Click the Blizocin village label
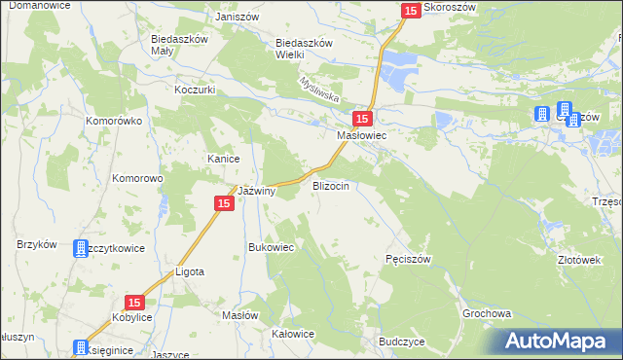point(330,185)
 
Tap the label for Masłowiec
point(361,136)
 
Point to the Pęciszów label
point(408,259)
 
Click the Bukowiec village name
point(272,247)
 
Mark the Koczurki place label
point(195,90)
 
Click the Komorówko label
point(114,122)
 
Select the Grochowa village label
point(487,315)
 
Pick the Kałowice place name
point(293,334)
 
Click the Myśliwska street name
point(318,90)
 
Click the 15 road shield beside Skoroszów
point(410,10)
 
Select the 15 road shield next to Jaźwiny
point(223,202)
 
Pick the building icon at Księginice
point(80,347)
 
